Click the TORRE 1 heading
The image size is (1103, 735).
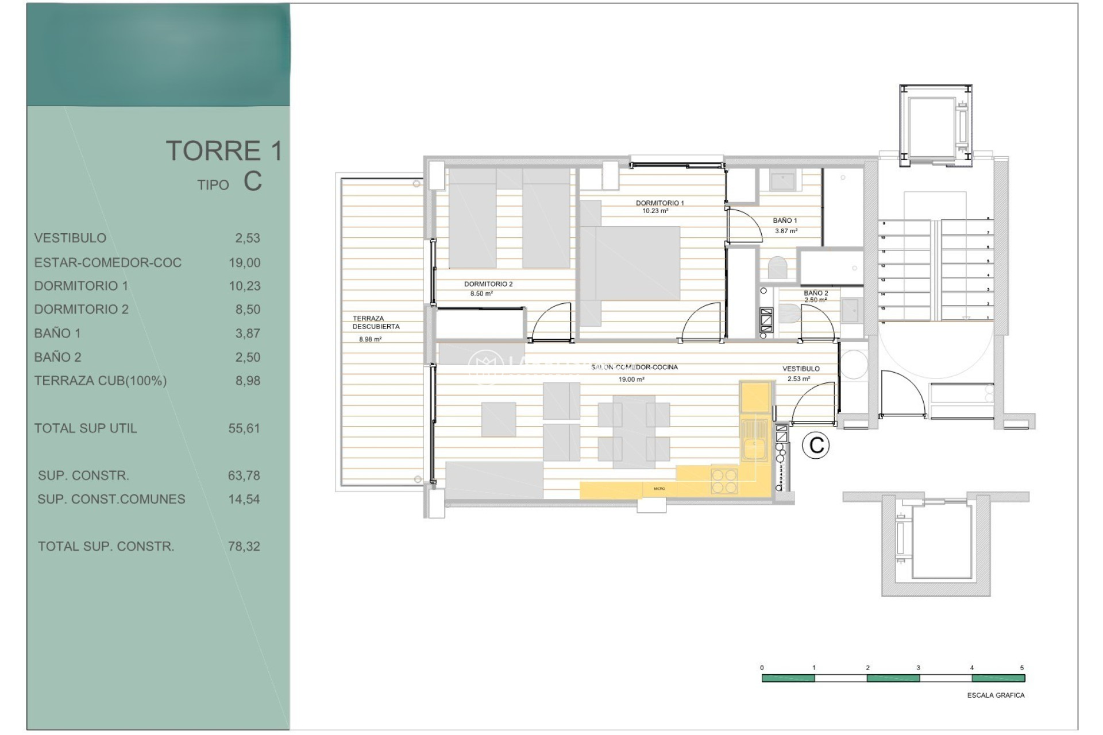tap(224, 151)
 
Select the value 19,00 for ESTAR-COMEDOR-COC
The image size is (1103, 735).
tap(244, 263)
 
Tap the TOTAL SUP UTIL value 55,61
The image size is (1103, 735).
tap(244, 428)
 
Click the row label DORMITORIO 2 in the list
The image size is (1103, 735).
tap(81, 310)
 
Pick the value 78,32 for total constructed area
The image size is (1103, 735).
tap(244, 547)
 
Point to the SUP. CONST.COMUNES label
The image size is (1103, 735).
tap(111, 500)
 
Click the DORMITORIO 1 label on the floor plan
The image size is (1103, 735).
tap(660, 203)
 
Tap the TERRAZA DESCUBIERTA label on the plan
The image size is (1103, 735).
tap(376, 322)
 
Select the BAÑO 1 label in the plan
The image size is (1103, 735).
tap(784, 220)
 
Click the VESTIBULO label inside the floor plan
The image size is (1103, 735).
tap(800, 369)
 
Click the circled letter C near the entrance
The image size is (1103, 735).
tap(816, 446)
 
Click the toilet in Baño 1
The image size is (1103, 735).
tap(777, 268)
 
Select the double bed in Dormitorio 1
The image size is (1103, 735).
tap(629, 263)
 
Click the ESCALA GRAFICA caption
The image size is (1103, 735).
tap(995, 695)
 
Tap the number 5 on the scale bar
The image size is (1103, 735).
tap(1021, 668)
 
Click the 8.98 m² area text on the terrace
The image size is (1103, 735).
tap(370, 339)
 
